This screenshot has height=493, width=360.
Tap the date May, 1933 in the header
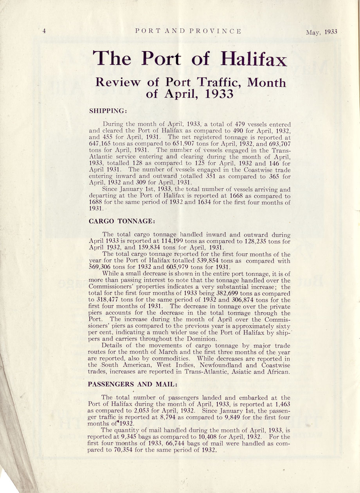pyautogui.click(x=321, y=32)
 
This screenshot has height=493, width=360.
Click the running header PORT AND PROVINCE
pyautogui.click(x=187, y=31)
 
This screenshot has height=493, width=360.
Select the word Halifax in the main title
pyautogui.click(x=254, y=59)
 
